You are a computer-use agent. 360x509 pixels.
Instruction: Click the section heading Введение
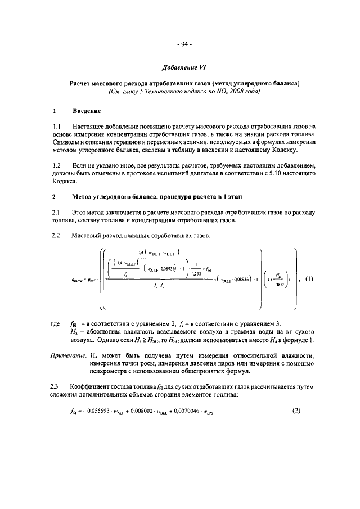[x=89, y=112]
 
